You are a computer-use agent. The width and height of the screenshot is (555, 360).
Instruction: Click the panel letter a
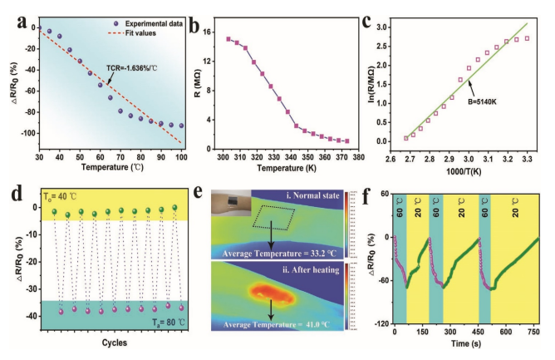pos(12,14)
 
